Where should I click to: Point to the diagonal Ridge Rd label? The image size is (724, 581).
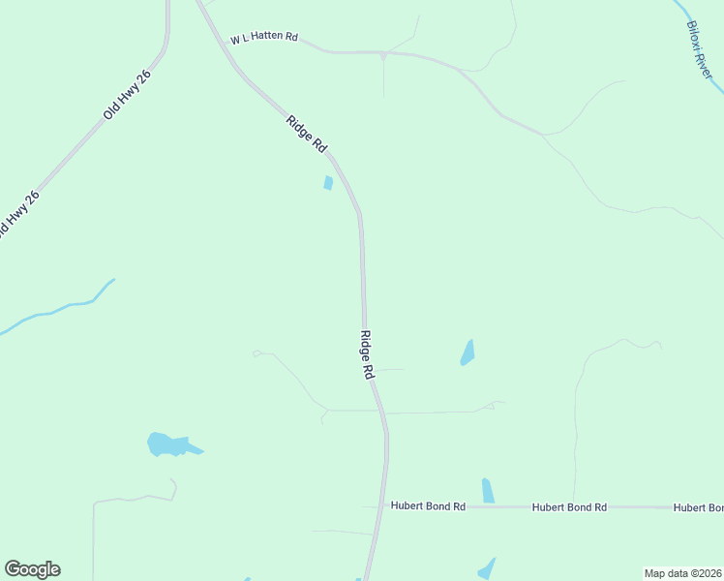click(x=306, y=133)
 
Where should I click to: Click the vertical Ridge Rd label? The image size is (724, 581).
click(x=367, y=354)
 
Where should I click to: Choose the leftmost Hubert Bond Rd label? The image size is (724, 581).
click(x=428, y=506)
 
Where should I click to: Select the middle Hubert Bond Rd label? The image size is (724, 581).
click(x=569, y=506)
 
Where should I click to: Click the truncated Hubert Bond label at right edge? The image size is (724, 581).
click(x=698, y=507)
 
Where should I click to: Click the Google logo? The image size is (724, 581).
click(x=32, y=569)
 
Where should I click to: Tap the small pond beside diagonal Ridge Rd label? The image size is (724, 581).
click(x=328, y=183)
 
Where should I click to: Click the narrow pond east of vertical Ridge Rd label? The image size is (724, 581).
click(x=468, y=352)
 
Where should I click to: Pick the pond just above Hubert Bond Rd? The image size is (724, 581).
click(x=488, y=491)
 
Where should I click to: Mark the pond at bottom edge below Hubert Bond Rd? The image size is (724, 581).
click(x=487, y=568)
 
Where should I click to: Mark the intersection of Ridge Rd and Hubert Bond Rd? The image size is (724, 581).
click(x=381, y=506)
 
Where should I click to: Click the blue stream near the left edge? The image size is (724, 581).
click(x=58, y=310)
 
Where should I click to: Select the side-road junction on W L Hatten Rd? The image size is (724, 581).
click(x=384, y=54)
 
